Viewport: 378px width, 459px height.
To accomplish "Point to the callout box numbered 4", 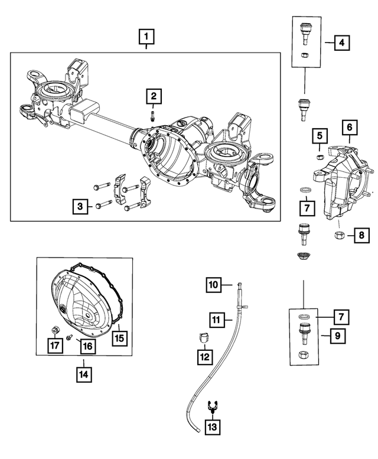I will click(341, 43).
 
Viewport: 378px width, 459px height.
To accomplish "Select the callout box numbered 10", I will click(214, 285).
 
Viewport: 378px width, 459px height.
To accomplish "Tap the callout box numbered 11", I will click(217, 321).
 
